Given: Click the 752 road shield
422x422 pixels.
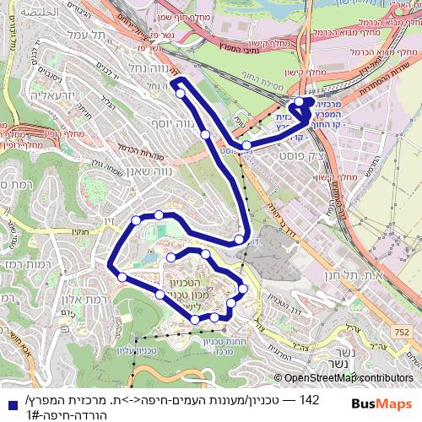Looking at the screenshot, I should [255, 324].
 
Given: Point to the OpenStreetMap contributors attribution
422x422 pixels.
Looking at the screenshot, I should [349, 378].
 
